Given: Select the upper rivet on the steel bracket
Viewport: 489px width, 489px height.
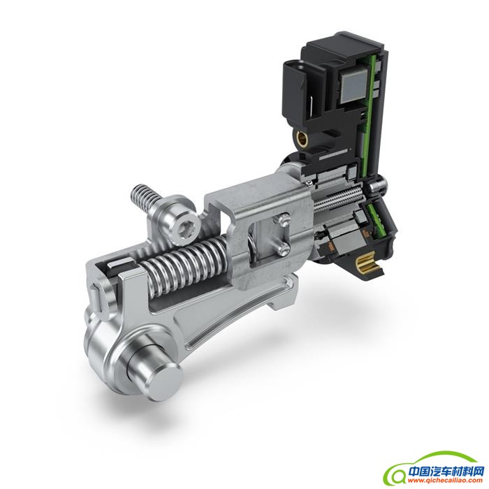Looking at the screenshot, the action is (x=283, y=219).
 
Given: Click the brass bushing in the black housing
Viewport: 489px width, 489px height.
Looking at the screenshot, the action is (x=302, y=137).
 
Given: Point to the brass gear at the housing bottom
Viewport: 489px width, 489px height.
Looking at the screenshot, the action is (x=370, y=261).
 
